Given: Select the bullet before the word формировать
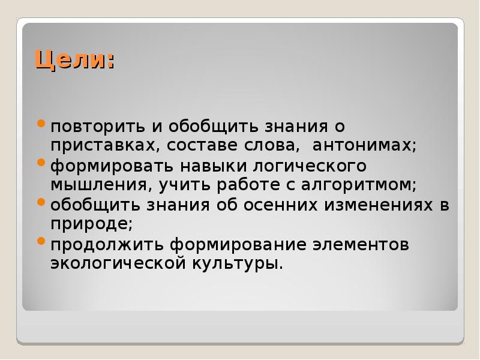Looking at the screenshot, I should (41, 163).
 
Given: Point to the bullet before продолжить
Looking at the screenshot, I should (41, 242).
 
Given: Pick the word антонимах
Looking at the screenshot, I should (361, 146).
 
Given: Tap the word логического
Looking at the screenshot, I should (319, 165).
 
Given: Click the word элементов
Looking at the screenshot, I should (358, 244).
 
